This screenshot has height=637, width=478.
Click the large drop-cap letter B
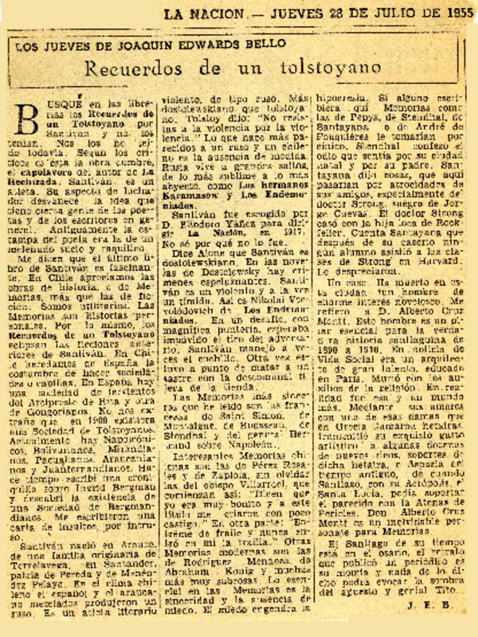29,124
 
